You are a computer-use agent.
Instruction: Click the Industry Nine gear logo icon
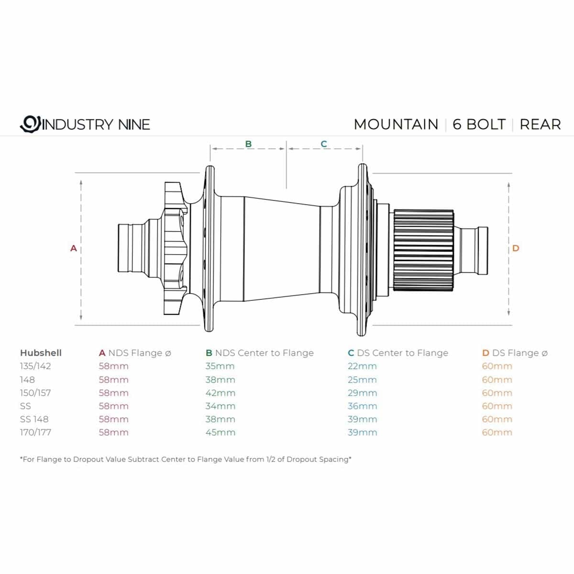pos(30,124)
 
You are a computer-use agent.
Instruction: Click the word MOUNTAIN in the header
pos(396,124)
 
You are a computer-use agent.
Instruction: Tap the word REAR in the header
pos(540,124)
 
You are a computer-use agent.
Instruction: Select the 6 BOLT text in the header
pos(479,124)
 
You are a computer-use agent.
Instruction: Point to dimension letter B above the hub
pos(248,143)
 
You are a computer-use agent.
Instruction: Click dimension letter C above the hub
pos(324,143)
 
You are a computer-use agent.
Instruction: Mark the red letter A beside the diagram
pos(74,248)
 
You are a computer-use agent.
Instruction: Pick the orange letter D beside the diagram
pos(516,248)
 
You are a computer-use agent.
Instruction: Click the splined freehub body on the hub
pos(424,250)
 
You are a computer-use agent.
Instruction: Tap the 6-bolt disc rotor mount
pos(175,248)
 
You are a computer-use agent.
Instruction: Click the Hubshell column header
pos(41,353)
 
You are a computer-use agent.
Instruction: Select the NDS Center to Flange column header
pos(260,353)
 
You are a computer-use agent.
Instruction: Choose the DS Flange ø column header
pos(515,353)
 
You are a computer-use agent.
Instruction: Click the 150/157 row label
pos(35,393)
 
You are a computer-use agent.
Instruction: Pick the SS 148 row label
pos(34,419)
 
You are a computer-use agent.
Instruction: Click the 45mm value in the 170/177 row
pos(220,432)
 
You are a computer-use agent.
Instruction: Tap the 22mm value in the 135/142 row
pos(362,366)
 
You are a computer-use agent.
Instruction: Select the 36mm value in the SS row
pos(362,406)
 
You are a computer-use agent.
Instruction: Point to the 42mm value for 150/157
pos(220,393)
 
